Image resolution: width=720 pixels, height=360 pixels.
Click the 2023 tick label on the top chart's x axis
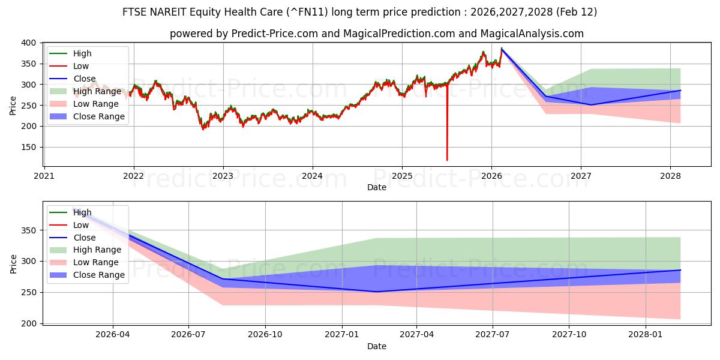click(223, 176)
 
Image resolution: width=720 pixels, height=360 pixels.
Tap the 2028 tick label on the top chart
click(670, 176)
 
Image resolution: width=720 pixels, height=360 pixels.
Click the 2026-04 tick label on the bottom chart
click(112, 334)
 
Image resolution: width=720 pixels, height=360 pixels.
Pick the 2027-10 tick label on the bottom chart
click(569, 334)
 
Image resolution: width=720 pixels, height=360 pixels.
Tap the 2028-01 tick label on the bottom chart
click(646, 334)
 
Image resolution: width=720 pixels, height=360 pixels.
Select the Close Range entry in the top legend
click(99, 116)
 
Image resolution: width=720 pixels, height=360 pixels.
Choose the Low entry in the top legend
click(81, 66)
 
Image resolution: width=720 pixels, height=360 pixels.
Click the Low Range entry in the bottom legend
click(95, 262)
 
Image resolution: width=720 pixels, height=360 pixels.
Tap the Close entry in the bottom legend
click(84, 238)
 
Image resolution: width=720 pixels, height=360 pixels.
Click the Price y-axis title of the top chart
click(13, 106)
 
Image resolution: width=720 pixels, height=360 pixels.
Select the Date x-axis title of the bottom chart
click(377, 346)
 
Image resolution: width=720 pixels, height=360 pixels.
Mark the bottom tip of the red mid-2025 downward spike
click(447, 160)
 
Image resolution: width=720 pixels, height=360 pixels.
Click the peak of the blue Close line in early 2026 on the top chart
click(502, 49)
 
